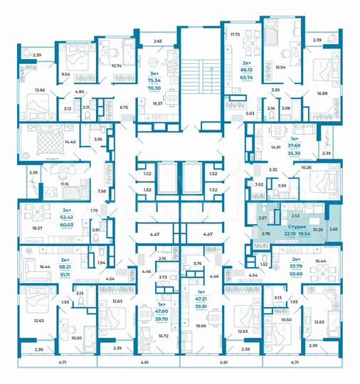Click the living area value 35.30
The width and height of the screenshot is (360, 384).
click(294, 152)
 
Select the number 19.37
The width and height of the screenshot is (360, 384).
click(157, 104)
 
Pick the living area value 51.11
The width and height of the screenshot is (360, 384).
click(65, 273)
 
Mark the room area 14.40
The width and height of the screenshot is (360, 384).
click(69, 142)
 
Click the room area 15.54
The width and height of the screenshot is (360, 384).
click(280, 66)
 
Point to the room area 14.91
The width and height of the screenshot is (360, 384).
click(276, 148)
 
